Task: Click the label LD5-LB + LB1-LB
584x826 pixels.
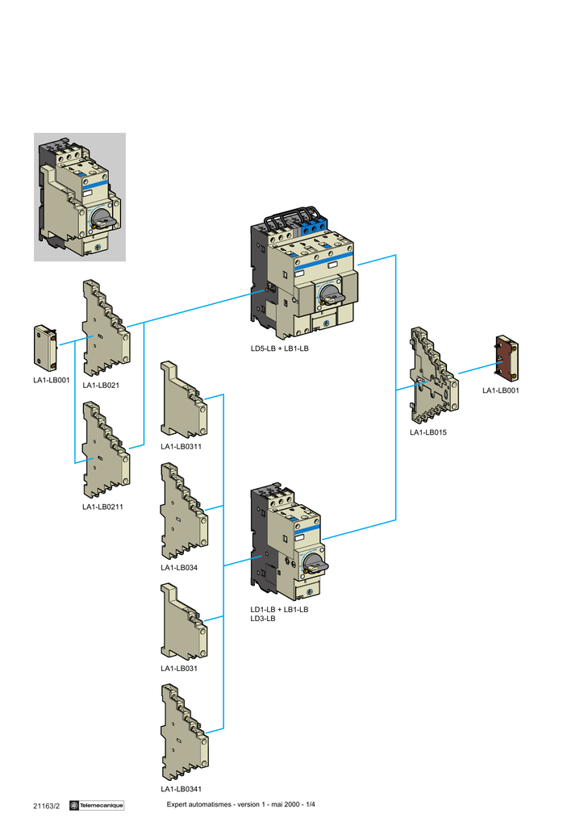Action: click(279, 348)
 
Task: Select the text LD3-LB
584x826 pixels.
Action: click(263, 619)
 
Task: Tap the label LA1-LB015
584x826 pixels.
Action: click(428, 432)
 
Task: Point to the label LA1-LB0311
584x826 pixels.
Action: click(181, 447)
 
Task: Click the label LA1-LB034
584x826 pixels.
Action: click(179, 568)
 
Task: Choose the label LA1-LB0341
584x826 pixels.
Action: click(181, 789)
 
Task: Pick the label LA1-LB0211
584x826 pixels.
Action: click(102, 507)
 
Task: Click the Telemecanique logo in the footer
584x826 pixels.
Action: click(97, 806)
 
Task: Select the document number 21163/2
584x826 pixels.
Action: click(46, 806)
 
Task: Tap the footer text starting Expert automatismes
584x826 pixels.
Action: click(240, 804)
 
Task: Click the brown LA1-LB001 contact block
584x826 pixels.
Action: click(507, 358)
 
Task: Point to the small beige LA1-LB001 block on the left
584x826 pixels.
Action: click(45, 348)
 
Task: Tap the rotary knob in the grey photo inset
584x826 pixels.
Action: click(102, 218)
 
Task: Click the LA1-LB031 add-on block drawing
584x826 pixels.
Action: click(184, 621)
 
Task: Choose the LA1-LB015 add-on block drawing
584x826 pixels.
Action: click(434, 376)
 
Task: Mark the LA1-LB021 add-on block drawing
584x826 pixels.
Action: click(106, 327)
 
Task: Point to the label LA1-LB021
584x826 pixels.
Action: click(101, 385)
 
